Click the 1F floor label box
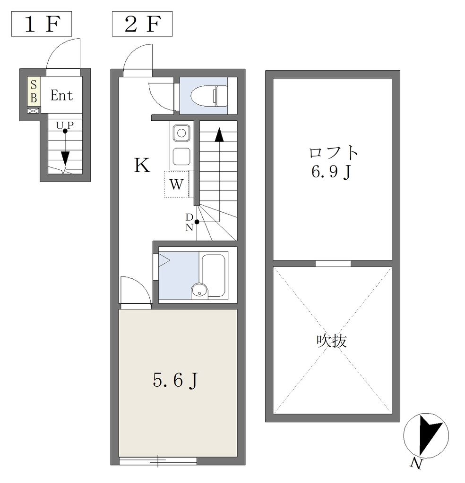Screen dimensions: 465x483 pos(42,24)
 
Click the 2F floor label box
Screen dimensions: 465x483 pos(142,24)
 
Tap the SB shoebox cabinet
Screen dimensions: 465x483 pos(34,92)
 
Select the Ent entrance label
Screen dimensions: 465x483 pos(62,95)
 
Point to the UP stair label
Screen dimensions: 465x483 pos(65,125)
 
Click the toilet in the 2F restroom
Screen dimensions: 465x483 pos(209,95)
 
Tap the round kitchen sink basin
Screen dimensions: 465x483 pos(181,133)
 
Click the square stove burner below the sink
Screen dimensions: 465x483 pos(181,157)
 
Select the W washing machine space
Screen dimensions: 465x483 pos(176,184)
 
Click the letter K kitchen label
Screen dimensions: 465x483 pos(142,165)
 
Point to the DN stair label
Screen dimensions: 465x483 pos(189,222)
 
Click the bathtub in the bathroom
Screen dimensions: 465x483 pos(214,275)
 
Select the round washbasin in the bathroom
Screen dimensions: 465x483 pos(199,290)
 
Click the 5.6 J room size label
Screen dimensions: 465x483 pos(175,381)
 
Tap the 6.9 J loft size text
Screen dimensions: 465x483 pos(332,172)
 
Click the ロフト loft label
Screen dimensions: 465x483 pos(333,153)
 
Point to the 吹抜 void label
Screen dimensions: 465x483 pos(332,341)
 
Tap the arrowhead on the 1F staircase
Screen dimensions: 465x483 pos(65,159)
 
